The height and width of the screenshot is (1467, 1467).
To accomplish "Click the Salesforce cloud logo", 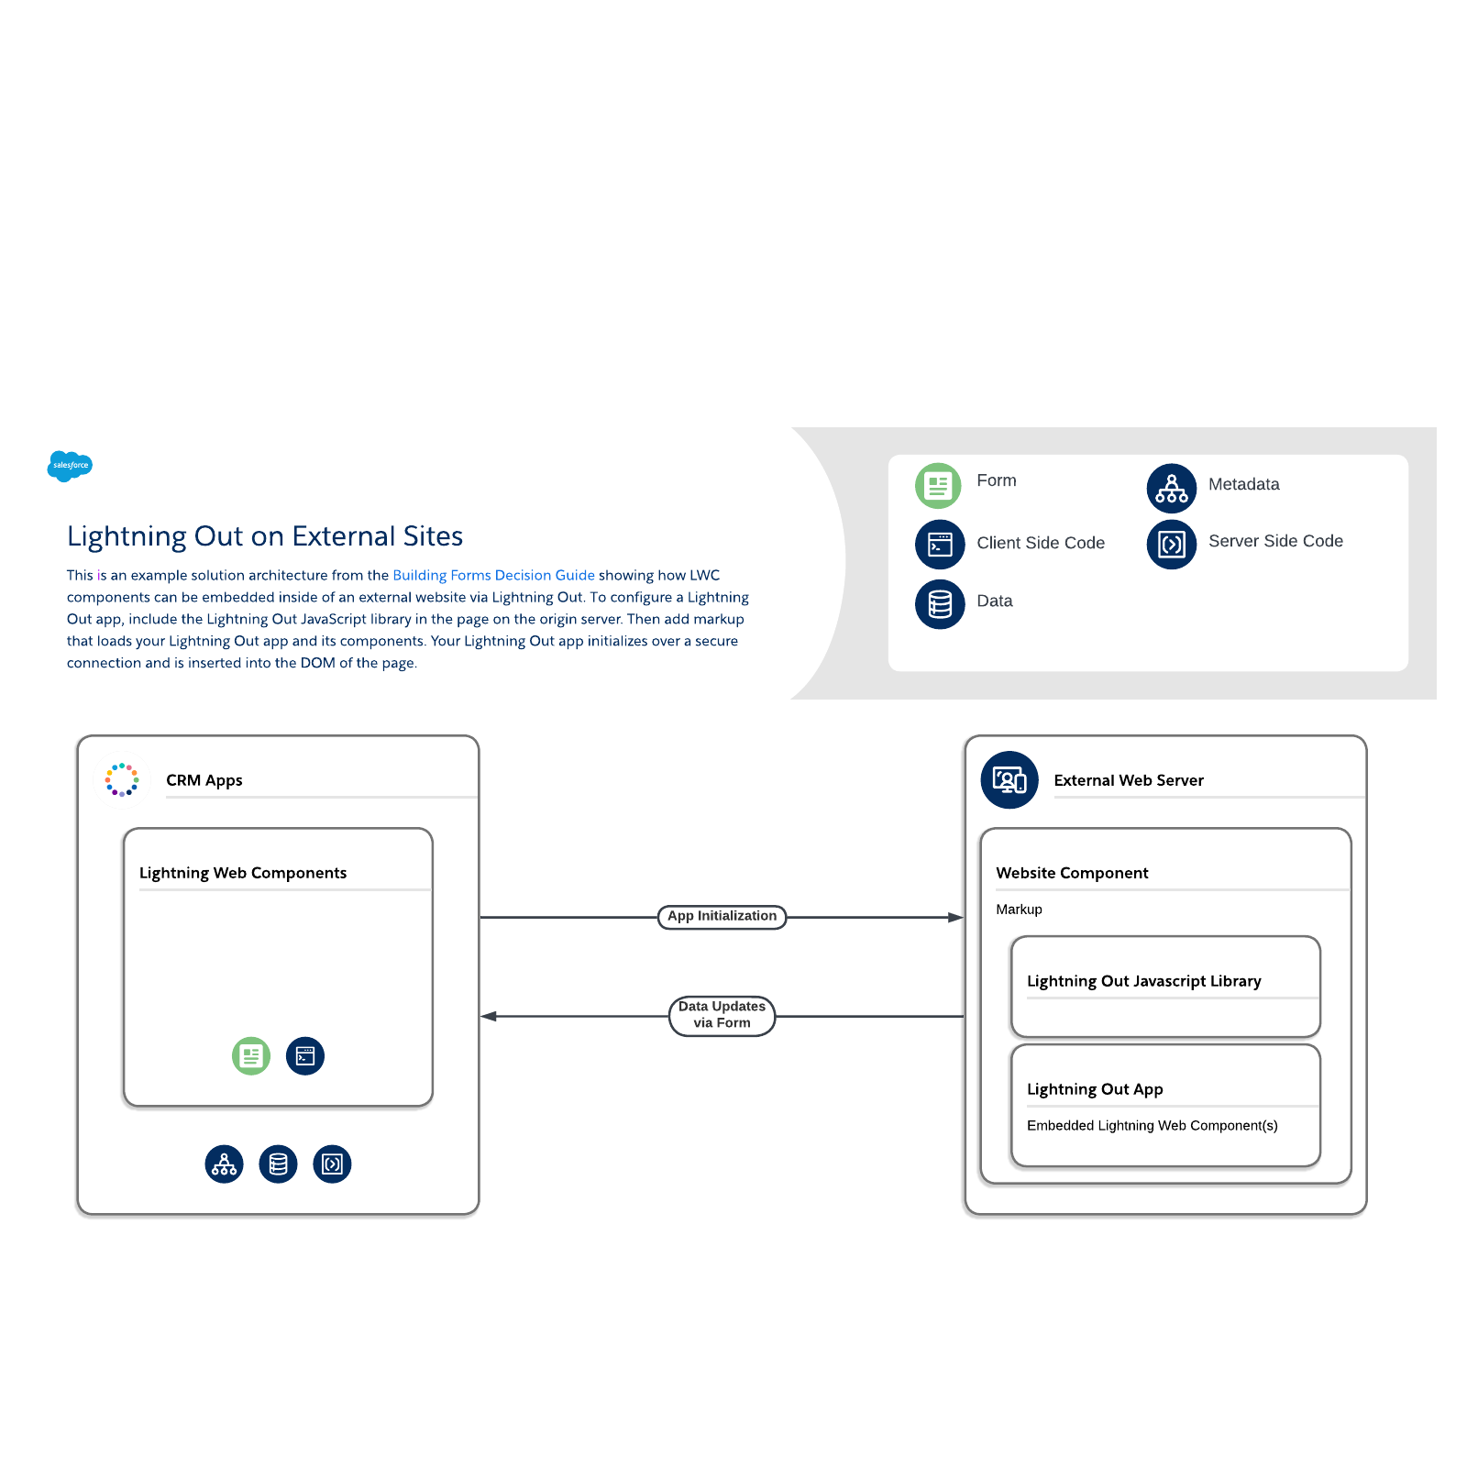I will tap(70, 466).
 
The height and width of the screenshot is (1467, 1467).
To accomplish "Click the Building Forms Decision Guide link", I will tap(493, 575).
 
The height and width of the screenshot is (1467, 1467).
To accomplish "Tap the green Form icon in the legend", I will tap(938, 485).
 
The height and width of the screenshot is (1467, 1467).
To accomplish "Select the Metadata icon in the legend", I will tap(1171, 488).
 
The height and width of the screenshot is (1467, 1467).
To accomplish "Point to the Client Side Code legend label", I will tap(1041, 543).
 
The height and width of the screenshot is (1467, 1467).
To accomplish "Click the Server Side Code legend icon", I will tap(1171, 545).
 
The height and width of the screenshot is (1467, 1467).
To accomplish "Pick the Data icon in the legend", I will tap(940, 603).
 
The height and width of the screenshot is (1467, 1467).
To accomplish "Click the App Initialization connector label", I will tap(722, 916).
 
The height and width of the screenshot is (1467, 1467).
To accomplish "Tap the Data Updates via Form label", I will tap(722, 1015).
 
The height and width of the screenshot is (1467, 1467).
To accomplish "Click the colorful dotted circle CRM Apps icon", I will tap(122, 779).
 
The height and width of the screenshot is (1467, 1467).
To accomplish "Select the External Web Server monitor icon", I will tap(1009, 780).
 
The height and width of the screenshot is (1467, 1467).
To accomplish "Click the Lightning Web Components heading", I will tap(243, 873).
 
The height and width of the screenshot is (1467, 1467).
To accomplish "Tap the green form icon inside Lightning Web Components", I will tap(251, 1056).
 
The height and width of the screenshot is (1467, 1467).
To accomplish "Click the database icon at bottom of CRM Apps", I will tap(278, 1164).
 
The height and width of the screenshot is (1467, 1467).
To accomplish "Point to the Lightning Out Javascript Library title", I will tap(1143, 981).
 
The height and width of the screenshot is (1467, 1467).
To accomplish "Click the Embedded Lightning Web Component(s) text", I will tap(1152, 1126).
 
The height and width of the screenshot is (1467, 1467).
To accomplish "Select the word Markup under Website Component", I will tap(1019, 910).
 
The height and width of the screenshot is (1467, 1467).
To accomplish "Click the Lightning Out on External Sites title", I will tap(265, 536).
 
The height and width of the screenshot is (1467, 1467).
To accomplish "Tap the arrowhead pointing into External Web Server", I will tap(955, 917).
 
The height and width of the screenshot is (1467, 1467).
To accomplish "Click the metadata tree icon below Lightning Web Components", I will tap(224, 1164).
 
